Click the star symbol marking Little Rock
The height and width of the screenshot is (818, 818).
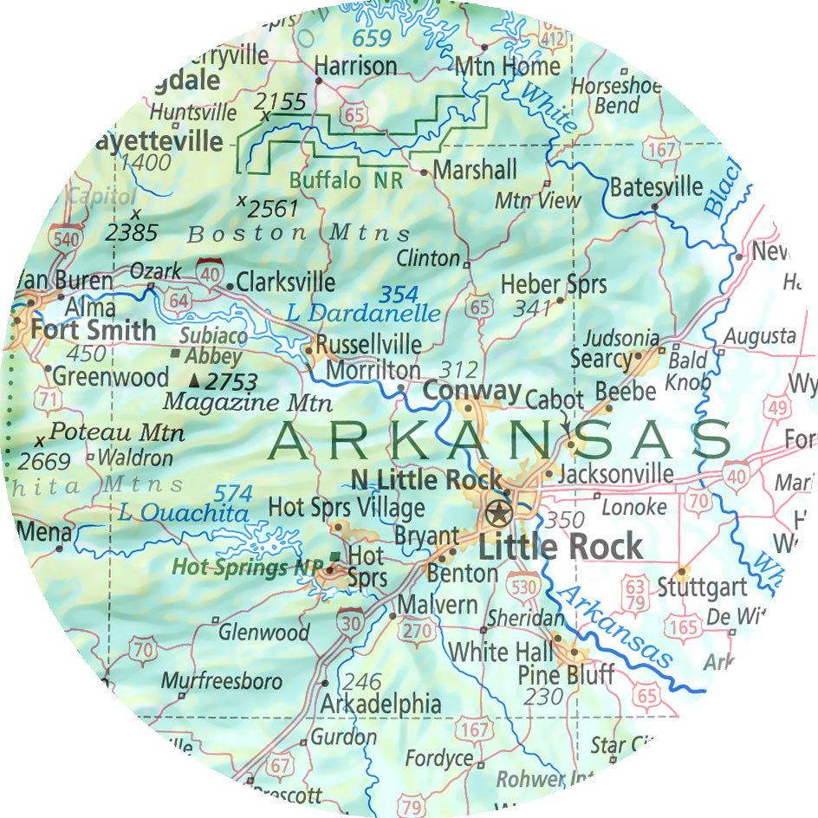pyautogui.click(x=498, y=513)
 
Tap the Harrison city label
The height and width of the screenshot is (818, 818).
pyautogui.click(x=355, y=66)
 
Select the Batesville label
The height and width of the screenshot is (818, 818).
pyautogui.click(x=656, y=187)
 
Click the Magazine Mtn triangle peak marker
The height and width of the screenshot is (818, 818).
pyautogui.click(x=195, y=380)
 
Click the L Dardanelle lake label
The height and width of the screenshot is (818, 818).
pyautogui.click(x=363, y=313)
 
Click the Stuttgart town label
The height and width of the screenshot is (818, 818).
pyautogui.click(x=702, y=587)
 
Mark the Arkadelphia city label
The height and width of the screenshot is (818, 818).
pyautogui.click(x=380, y=704)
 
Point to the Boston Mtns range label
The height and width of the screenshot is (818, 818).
pyautogui.click(x=299, y=234)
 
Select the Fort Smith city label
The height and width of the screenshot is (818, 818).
pyautogui.click(x=93, y=330)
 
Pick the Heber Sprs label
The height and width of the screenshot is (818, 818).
pyautogui.click(x=554, y=284)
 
